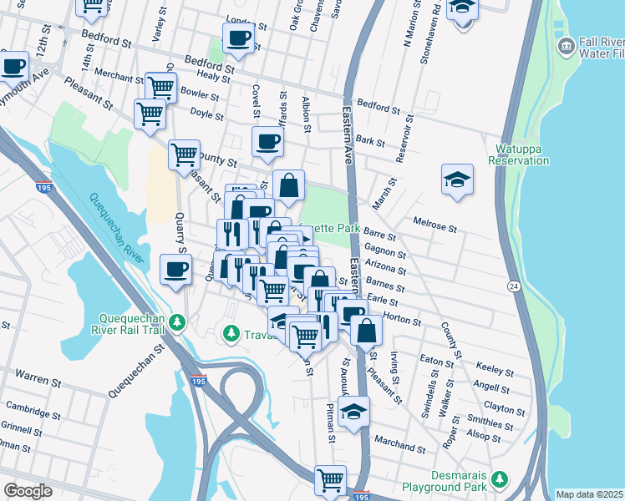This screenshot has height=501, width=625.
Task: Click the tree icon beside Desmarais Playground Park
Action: pyautogui.click(x=499, y=479)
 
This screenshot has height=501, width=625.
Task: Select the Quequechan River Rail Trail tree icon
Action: pyautogui.click(x=176, y=322)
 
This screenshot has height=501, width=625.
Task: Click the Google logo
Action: pyautogui.click(x=28, y=491)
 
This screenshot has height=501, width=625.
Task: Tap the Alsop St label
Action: pyautogui.click(x=485, y=436)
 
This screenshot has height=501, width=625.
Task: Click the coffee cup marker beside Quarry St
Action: pyautogui.click(x=175, y=269)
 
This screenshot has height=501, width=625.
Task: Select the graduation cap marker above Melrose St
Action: pyautogui.click(x=456, y=179)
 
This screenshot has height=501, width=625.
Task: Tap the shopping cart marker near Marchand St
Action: pyautogui.click(x=331, y=480)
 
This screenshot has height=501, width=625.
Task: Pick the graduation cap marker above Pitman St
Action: pyautogui.click(x=354, y=412)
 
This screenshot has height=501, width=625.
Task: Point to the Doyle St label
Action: pyautogui.click(x=204, y=111)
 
